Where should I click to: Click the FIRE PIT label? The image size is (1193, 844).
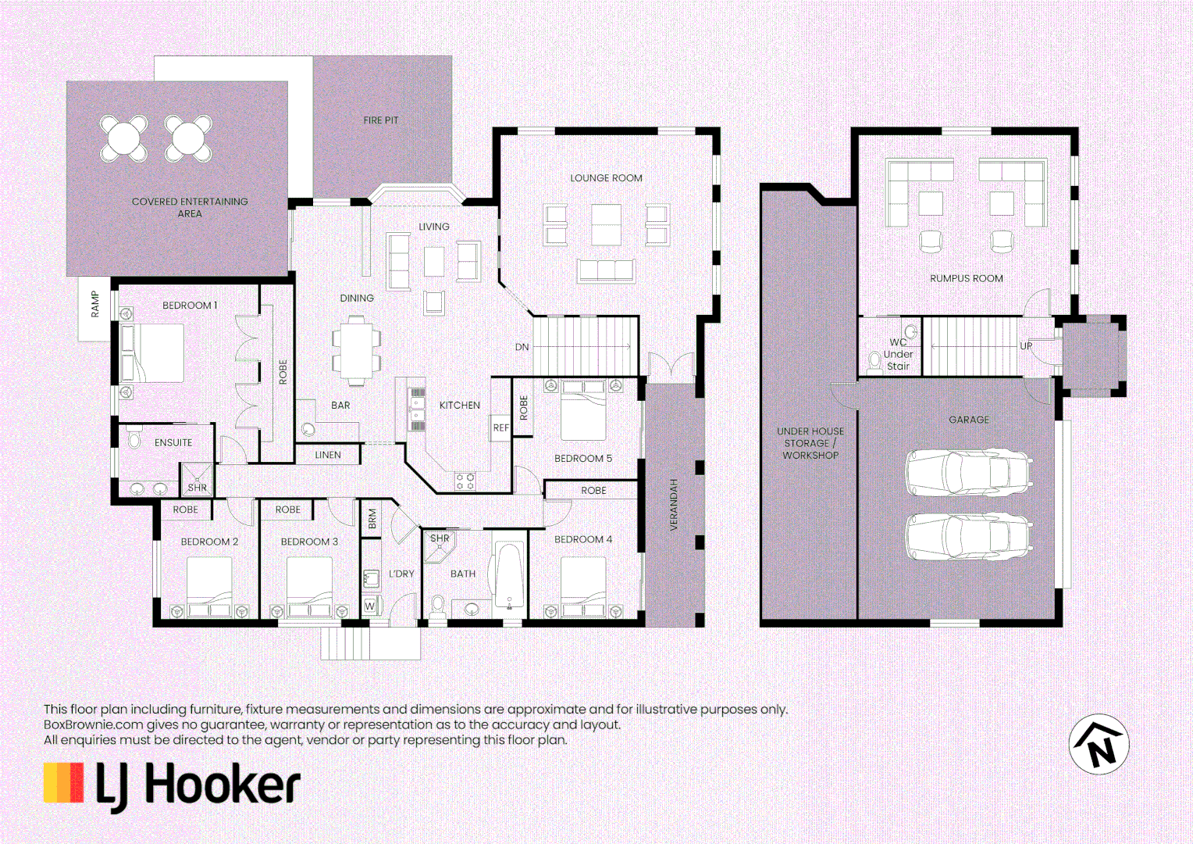pyautogui.click(x=380, y=120)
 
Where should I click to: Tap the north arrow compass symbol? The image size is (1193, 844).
pyautogui.click(x=1099, y=744)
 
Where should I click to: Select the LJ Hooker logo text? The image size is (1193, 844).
pyautogui.click(x=198, y=785)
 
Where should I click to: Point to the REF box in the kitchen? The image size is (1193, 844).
pyautogui.click(x=500, y=427)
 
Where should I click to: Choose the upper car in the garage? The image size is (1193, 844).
pyautogui.click(x=968, y=472)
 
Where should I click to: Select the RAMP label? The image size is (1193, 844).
pyautogui.click(x=94, y=304)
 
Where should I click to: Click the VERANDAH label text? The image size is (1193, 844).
pyautogui.click(x=674, y=505)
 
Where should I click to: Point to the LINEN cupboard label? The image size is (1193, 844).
pyautogui.click(x=328, y=455)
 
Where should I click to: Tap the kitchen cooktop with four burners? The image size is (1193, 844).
pyautogui.click(x=465, y=481)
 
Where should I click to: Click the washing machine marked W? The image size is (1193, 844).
pyautogui.click(x=370, y=606)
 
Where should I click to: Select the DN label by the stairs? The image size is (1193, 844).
pyautogui.click(x=522, y=347)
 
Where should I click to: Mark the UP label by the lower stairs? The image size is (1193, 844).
pyautogui.click(x=1026, y=345)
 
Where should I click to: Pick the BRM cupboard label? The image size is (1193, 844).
pyautogui.click(x=372, y=518)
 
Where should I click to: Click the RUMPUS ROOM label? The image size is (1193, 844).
pyautogui.click(x=966, y=278)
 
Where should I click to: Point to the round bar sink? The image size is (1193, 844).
pyautogui.click(x=308, y=429)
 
